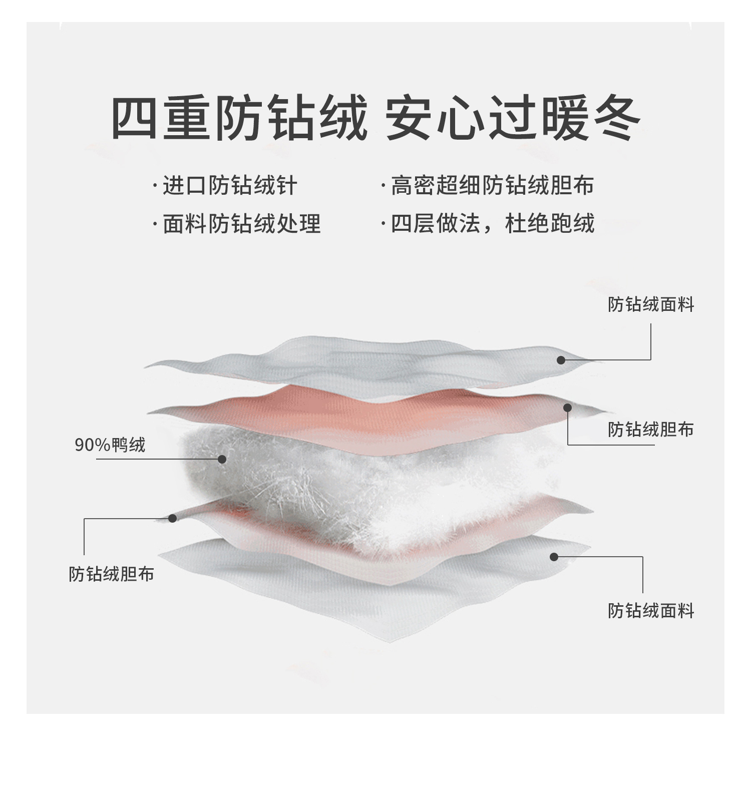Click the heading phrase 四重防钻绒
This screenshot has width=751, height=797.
(x=239, y=119)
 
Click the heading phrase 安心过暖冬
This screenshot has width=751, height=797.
(x=513, y=119)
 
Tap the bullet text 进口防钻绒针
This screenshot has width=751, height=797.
(x=230, y=186)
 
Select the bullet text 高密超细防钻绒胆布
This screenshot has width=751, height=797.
(x=492, y=185)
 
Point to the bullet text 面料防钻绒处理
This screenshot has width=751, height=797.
(x=241, y=223)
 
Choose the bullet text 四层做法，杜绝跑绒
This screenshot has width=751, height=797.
(x=492, y=223)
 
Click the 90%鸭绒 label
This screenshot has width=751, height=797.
(x=110, y=445)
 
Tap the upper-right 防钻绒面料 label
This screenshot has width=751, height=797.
(x=651, y=304)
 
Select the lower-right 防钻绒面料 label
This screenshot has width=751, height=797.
(x=651, y=611)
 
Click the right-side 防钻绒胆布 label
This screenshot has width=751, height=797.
(x=651, y=430)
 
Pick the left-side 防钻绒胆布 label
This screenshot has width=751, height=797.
(x=111, y=574)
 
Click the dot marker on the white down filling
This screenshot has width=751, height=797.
(x=222, y=459)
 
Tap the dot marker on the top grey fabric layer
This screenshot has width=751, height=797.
(x=561, y=360)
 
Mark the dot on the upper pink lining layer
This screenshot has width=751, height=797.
(x=567, y=408)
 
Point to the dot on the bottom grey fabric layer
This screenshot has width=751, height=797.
(x=554, y=557)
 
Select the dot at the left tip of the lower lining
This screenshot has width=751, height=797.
(x=172, y=518)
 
